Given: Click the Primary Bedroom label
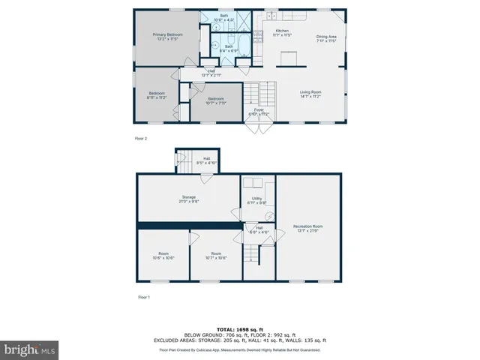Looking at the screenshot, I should coord(169,36).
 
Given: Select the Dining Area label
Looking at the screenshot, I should coord(325,38).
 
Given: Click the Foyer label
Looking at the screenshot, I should coord(259,112).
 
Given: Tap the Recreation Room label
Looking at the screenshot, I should coord(307,228).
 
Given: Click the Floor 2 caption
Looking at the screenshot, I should coord(141,139).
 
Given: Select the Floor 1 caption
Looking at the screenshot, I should coord(144,297).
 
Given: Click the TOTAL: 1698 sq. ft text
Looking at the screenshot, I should coord(239,329).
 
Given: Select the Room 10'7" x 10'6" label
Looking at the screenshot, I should coord(215,256).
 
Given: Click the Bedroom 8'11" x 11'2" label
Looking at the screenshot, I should coord(156,95).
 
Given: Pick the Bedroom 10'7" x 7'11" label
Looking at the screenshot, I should coord(216,100).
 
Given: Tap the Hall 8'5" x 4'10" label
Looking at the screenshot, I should coord(206,160).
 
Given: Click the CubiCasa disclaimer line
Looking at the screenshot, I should coord(239,350).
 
